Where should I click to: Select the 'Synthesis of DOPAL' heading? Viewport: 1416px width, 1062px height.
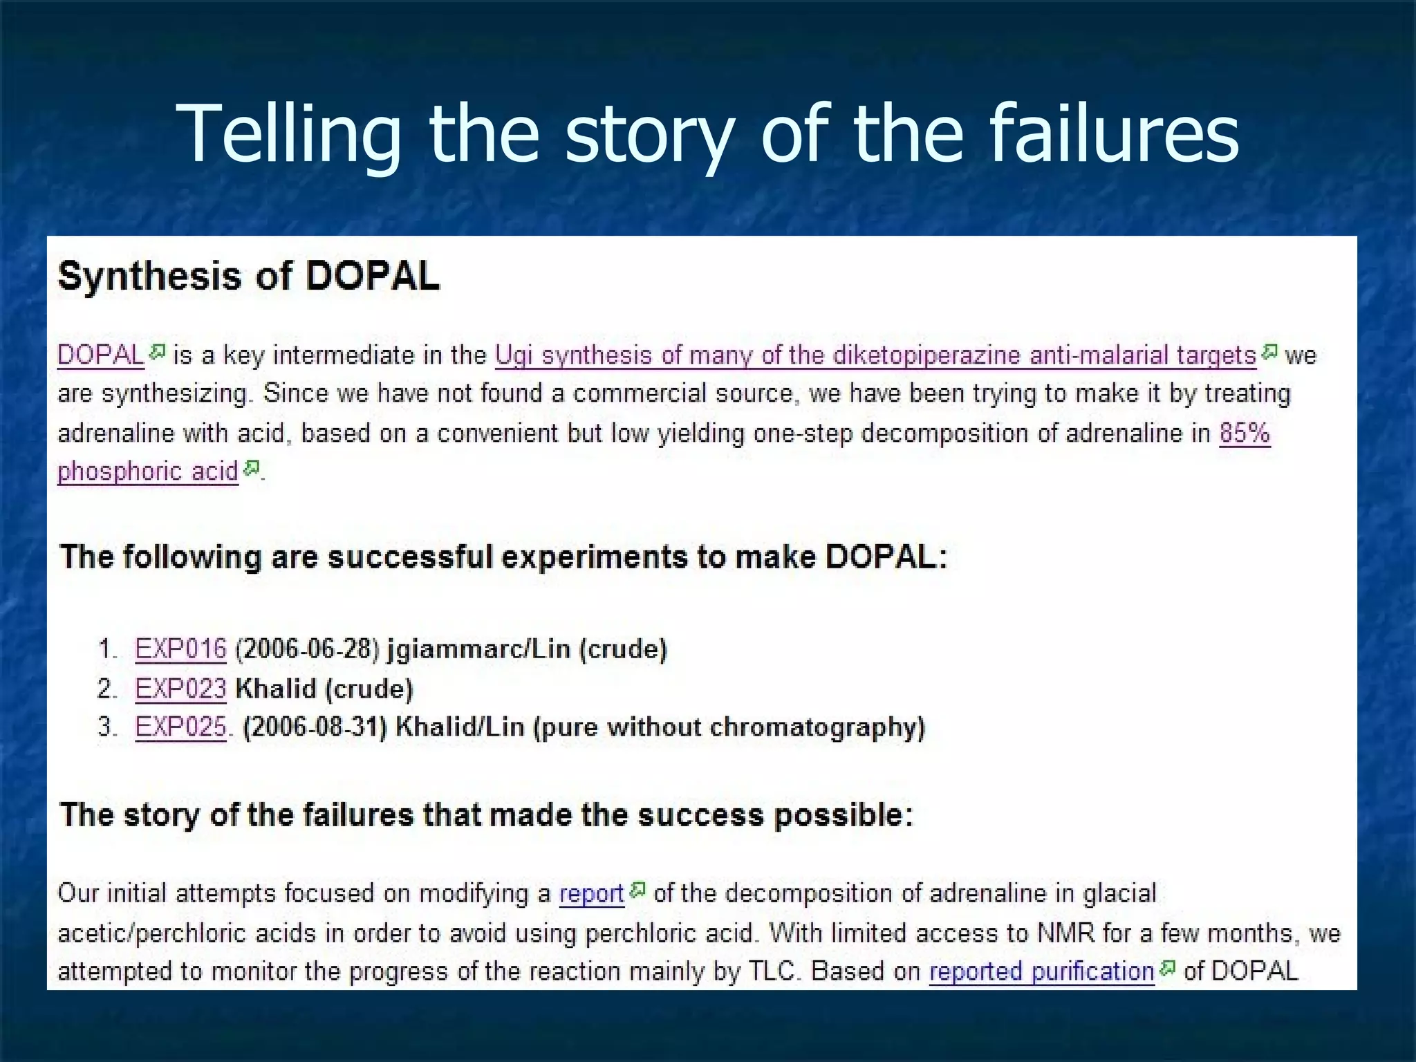248,277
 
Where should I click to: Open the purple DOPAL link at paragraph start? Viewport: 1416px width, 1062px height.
100,355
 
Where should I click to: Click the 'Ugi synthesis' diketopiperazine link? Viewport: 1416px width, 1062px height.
875,355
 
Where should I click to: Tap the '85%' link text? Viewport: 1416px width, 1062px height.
1245,434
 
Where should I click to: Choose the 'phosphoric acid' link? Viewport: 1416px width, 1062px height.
147,472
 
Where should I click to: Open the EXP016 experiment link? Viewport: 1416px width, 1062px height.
180,649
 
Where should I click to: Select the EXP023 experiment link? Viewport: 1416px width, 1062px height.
180,689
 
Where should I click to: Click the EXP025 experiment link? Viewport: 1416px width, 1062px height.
180,727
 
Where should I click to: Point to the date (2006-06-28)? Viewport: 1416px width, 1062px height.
307,649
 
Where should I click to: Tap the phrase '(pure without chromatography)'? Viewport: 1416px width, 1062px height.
729,727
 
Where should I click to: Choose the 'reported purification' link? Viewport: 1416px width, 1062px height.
1041,971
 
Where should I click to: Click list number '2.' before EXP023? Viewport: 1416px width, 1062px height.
107,689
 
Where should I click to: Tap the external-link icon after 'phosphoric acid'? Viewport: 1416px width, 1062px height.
252,468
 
